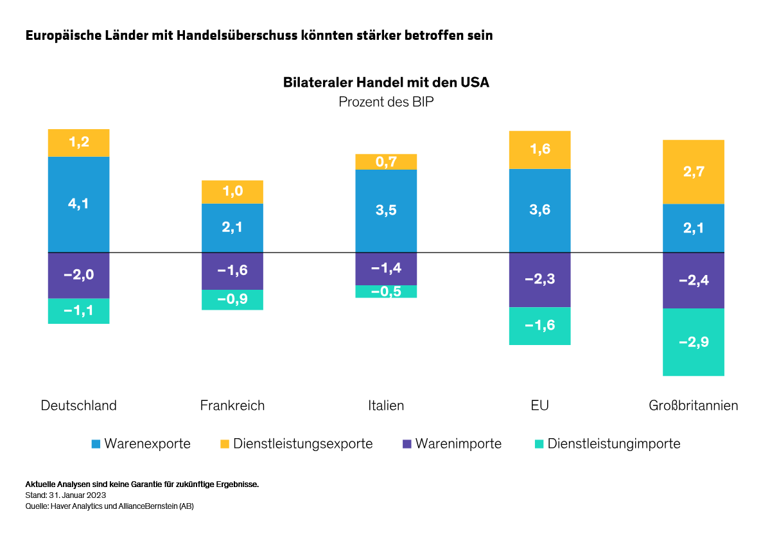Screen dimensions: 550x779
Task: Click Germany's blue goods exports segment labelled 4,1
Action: [78, 204]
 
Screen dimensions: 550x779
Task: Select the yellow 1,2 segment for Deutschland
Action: [78, 143]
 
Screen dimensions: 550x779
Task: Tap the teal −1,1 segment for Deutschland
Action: [78, 311]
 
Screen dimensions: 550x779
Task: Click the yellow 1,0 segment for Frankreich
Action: [232, 192]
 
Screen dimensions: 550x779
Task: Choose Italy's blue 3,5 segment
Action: [386, 211]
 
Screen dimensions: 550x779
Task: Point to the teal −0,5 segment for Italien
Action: [386, 291]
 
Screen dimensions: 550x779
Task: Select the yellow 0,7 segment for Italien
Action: [386, 161]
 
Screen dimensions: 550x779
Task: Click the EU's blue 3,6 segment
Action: [539, 210]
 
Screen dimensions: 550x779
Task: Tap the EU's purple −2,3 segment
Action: [539, 279]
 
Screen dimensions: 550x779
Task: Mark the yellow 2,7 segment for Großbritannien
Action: [694, 172]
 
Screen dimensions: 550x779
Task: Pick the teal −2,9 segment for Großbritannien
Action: [694, 342]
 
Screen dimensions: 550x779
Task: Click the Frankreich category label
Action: [232, 405]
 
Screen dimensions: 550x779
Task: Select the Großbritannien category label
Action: [694, 405]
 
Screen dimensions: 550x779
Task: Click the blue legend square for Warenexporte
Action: [96, 444]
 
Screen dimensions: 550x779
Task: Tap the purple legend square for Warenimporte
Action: [407, 444]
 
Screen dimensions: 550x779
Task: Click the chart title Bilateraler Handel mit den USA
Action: [386, 83]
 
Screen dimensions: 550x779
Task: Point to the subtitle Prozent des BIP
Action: [386, 102]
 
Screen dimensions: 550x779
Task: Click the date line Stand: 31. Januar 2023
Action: [66, 495]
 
